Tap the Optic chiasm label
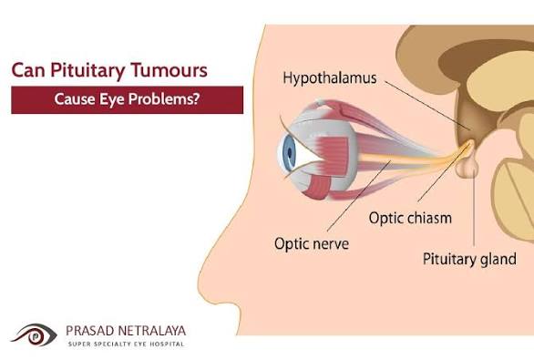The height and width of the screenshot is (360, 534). [410, 218]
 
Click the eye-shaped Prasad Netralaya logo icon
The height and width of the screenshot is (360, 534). [32, 334]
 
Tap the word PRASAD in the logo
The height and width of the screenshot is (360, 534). [91, 329]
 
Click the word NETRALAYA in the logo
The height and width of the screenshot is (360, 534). [153, 329]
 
